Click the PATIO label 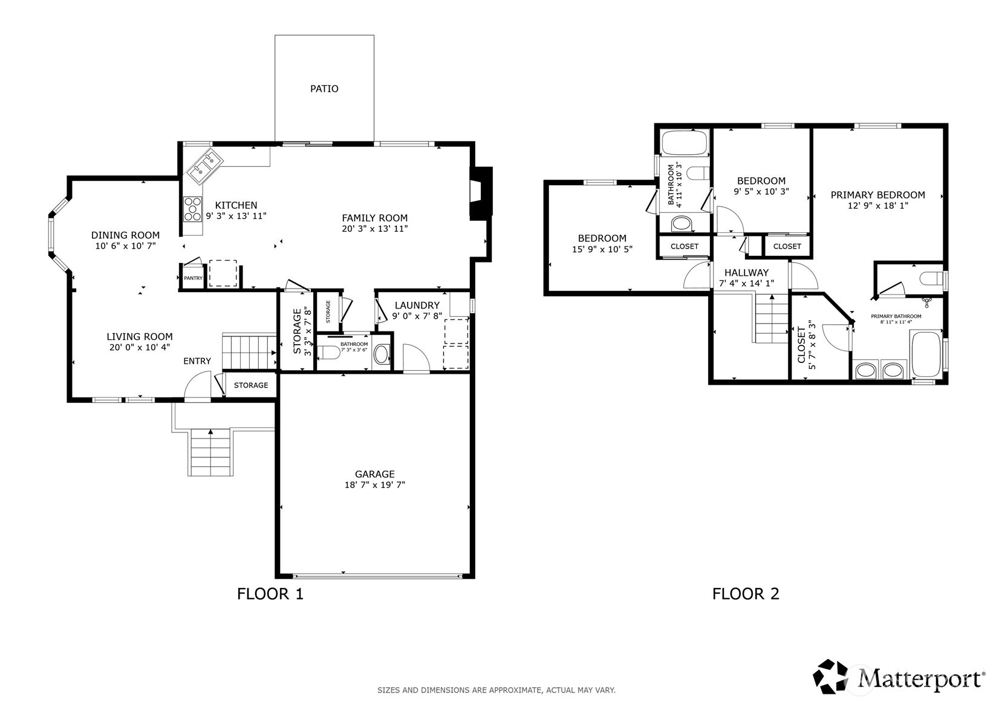point(324,89)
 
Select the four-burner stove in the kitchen point(193,209)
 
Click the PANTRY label point(193,278)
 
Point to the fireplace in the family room point(481,193)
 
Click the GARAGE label point(374,474)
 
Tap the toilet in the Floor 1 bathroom point(330,353)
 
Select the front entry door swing point(197,386)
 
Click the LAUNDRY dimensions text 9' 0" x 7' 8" point(417,316)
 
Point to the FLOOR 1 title point(270,594)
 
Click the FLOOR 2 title point(746,594)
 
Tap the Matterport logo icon point(830,677)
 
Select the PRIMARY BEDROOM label point(877,195)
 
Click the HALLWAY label point(747,273)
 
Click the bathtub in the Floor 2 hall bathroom point(684,143)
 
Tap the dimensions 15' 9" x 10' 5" point(602,250)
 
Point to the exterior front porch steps point(210,452)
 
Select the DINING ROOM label point(125,235)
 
